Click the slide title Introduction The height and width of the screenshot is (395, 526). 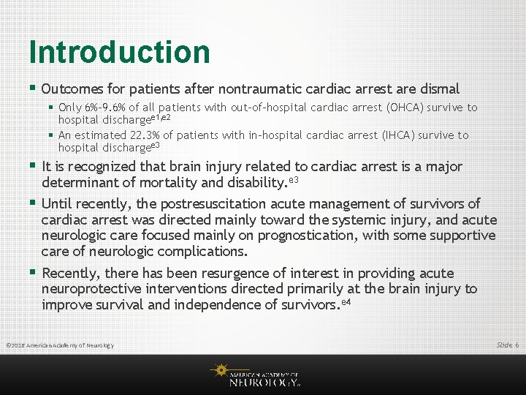click(x=119, y=52)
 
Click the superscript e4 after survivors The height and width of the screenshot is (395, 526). click(x=347, y=301)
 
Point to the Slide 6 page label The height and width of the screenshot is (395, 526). click(x=507, y=345)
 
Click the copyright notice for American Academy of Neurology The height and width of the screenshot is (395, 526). click(x=60, y=345)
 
